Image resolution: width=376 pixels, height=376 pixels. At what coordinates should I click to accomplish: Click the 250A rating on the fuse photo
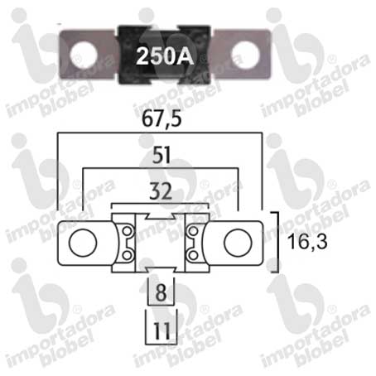tap(165, 56)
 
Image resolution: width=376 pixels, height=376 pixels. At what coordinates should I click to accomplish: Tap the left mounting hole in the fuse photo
tap(84, 54)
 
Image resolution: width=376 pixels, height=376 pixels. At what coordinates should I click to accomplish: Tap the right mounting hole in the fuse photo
tap(245, 55)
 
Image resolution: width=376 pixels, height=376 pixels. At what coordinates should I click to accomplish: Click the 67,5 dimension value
tap(161, 119)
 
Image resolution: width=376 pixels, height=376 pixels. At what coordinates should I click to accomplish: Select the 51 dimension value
tap(161, 155)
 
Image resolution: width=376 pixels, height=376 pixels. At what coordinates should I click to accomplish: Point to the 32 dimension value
tap(161, 191)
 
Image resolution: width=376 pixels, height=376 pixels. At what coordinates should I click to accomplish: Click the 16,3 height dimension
tap(307, 242)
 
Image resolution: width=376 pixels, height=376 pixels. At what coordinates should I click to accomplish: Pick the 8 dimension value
tap(161, 292)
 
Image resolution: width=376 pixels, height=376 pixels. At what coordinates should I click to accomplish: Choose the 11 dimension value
tap(161, 330)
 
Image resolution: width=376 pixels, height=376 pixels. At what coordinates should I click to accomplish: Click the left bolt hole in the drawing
tap(83, 243)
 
